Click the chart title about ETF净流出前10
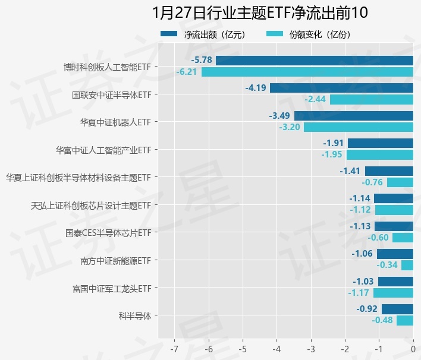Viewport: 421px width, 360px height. click(x=260, y=12)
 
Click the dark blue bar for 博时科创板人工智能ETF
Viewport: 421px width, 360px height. click(x=314, y=60)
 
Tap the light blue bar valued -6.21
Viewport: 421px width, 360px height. click(x=307, y=72)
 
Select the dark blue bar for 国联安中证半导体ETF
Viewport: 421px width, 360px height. click(x=341, y=88)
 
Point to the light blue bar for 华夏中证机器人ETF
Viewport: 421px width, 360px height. click(x=358, y=127)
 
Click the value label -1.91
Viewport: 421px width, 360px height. click(x=334, y=143)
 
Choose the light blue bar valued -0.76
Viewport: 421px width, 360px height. click(x=400, y=182)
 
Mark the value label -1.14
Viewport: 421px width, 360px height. click(x=360, y=198)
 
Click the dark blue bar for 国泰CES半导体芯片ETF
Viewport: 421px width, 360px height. click(x=394, y=226)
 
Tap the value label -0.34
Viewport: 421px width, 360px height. click(x=387, y=265)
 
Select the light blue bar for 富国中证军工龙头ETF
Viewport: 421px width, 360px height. click(x=393, y=293)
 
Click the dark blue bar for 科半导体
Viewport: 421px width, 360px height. click(x=397, y=309)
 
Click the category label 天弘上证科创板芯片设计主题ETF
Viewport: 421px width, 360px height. click(x=90, y=206)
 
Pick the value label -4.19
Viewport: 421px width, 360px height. click(x=256, y=88)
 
